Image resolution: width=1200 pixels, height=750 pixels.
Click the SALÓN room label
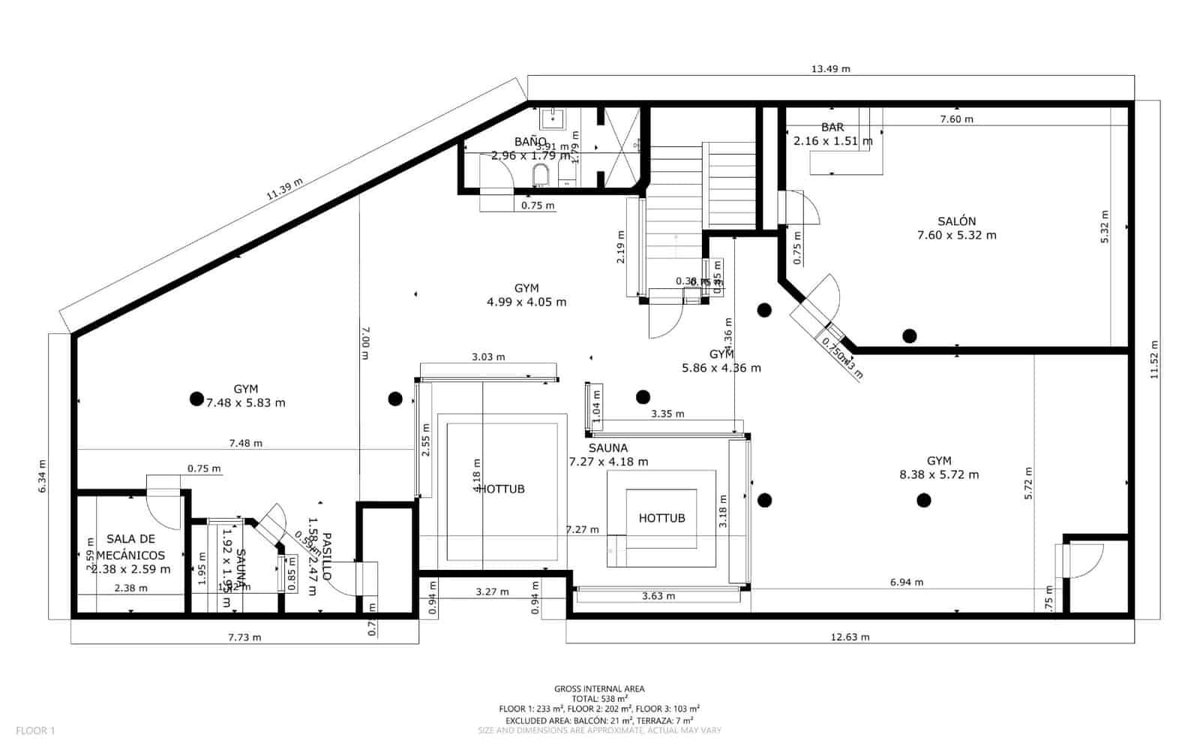point(956,221)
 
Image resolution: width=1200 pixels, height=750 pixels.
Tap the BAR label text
point(832,128)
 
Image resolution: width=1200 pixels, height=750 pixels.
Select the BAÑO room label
point(530,142)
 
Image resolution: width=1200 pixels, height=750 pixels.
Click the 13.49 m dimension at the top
point(830,69)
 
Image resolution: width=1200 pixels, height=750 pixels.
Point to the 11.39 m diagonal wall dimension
point(285,188)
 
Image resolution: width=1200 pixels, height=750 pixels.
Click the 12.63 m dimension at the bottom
point(850,637)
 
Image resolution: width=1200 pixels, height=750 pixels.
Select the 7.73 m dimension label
point(244,637)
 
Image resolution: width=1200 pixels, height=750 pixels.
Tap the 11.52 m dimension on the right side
point(1154,359)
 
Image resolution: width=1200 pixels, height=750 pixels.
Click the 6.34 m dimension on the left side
point(43,475)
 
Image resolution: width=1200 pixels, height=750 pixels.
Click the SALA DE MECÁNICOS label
point(131,547)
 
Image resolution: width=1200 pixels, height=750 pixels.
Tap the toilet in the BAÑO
point(540,176)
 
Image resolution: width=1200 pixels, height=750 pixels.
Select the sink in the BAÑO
point(553,116)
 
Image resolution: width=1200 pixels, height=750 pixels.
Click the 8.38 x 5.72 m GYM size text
point(939,474)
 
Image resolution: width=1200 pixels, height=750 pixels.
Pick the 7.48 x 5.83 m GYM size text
point(246,402)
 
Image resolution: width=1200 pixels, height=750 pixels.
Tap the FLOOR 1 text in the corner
point(35,730)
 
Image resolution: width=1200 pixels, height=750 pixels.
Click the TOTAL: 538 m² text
point(598,698)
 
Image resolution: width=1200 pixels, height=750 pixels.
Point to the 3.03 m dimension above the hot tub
point(488,357)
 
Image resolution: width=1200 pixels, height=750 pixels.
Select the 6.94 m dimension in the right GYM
point(906,582)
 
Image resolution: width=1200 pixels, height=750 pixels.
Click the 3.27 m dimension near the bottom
point(492,592)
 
